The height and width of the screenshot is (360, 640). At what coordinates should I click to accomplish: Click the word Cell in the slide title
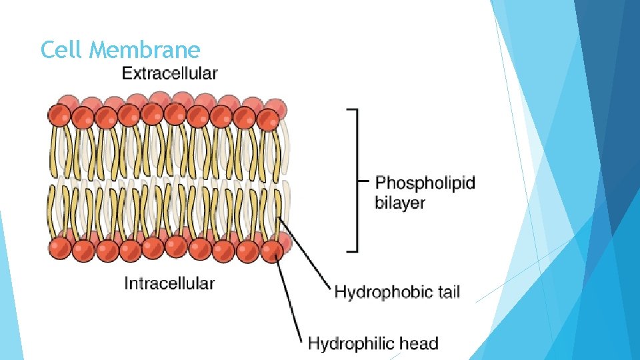click(x=61, y=49)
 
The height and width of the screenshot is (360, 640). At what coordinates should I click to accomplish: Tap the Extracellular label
click(x=169, y=73)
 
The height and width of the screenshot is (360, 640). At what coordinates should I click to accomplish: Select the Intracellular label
click(x=169, y=283)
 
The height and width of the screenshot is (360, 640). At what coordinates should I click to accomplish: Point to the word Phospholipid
click(x=425, y=183)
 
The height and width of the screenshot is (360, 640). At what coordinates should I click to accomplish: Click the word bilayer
click(x=399, y=203)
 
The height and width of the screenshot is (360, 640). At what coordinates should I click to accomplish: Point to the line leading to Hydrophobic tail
click(x=303, y=253)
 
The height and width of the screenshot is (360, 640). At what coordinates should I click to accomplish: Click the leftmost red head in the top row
click(x=59, y=116)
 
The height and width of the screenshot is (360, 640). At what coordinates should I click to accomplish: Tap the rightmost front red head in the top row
click(x=268, y=120)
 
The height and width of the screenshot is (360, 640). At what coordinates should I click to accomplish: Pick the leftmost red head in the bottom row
click(x=60, y=249)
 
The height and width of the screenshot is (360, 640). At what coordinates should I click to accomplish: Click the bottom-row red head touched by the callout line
click(x=271, y=251)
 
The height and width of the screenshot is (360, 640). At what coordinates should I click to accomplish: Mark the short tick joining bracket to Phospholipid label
click(x=363, y=180)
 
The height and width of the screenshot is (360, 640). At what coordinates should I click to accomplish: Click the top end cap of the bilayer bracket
click(x=352, y=109)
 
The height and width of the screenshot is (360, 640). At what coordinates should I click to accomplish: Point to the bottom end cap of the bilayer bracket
click(x=352, y=251)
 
